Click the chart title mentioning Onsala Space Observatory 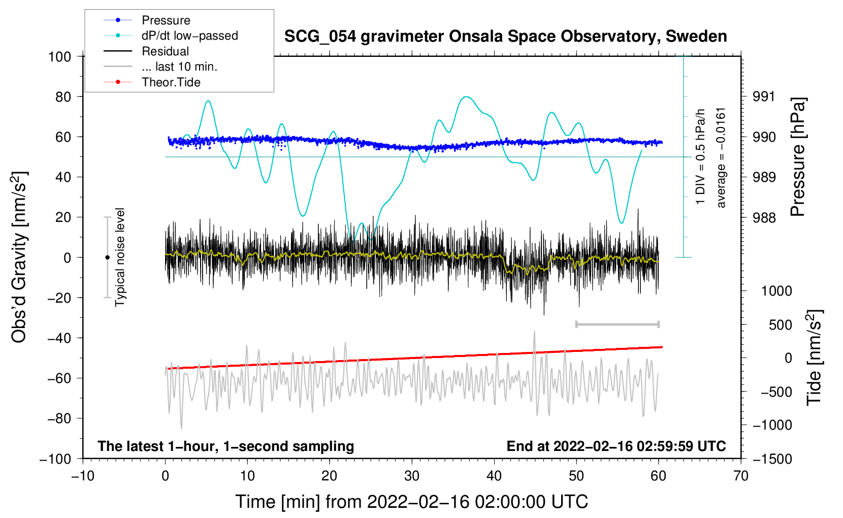505,37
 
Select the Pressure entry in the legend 166,20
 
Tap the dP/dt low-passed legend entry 189,36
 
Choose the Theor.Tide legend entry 171,82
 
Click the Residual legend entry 165,51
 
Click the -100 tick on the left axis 55,459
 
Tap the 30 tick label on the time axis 412,476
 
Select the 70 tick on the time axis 741,476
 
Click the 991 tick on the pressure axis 764,96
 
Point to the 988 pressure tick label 764,217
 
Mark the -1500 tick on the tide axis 772,459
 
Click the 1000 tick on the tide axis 776,290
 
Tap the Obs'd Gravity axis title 19,257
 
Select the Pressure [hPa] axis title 798,157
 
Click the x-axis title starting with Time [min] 412,502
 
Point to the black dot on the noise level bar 107,257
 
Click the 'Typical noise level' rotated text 120,257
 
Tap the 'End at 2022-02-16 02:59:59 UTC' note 616,446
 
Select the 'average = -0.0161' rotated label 721,157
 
